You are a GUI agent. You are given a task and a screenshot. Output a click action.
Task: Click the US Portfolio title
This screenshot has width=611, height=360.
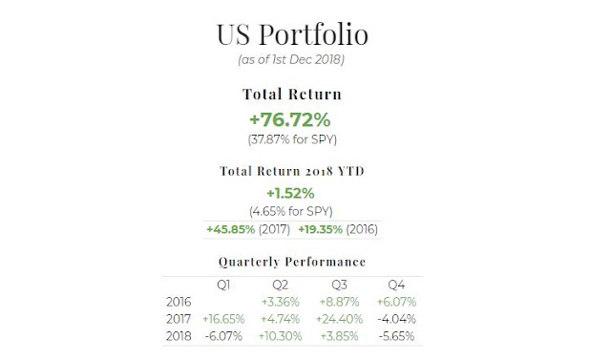(292, 34)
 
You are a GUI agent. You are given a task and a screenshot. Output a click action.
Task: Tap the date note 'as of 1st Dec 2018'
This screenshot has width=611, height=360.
(291, 59)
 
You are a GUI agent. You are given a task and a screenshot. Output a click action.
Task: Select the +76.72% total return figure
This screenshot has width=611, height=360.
(290, 119)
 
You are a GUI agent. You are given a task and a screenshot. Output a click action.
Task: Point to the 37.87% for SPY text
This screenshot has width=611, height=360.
(292, 139)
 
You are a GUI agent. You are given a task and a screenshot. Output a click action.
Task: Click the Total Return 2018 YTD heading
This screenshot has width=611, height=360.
(292, 171)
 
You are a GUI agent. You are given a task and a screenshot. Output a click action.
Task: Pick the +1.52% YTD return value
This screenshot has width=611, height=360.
(290, 193)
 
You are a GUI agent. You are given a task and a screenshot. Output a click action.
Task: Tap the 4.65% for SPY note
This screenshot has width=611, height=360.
(291, 212)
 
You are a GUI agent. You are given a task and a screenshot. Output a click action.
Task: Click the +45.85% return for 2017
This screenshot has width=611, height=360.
(231, 229)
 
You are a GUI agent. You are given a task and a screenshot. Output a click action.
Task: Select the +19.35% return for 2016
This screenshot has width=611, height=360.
(321, 229)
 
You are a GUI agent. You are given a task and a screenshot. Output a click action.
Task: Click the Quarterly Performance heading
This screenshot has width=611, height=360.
(292, 262)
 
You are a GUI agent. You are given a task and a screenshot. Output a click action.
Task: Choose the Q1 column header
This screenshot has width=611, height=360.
(223, 285)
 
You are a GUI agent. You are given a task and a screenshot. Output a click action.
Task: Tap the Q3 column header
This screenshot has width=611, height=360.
(339, 285)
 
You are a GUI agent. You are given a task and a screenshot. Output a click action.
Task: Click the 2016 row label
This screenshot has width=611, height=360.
(179, 302)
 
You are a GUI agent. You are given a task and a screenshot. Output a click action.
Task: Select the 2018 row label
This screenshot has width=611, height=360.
(179, 336)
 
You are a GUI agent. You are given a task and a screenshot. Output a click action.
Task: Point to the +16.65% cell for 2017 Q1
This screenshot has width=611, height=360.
(223, 319)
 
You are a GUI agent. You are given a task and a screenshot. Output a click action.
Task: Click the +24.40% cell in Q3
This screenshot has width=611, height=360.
(339, 319)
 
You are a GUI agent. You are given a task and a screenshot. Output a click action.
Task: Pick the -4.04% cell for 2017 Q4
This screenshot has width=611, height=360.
(397, 319)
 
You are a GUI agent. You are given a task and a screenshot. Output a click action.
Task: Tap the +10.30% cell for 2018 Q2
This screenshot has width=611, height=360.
(280, 336)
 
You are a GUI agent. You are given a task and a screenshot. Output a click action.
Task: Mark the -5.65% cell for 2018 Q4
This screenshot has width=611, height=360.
(397, 336)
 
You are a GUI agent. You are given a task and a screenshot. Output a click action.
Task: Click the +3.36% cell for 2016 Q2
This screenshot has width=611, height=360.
(280, 302)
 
